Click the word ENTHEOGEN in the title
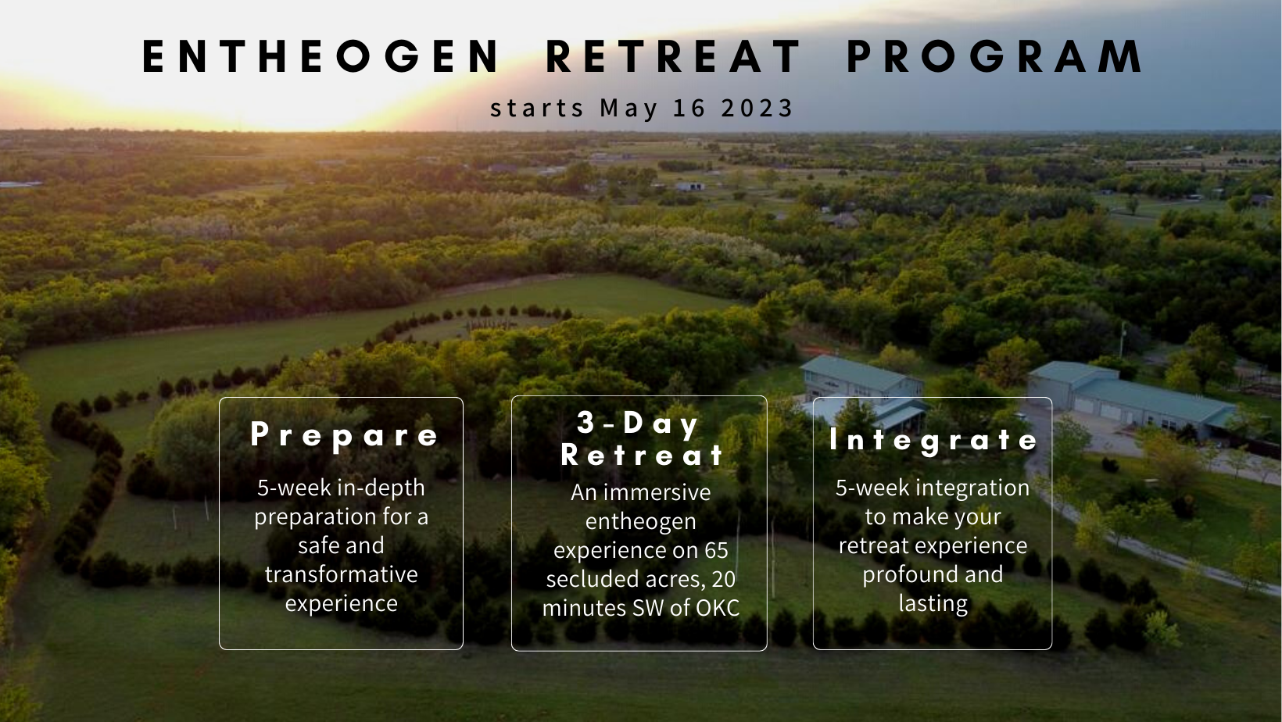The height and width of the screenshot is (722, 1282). pos(321,56)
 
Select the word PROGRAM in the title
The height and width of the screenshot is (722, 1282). pos(994,56)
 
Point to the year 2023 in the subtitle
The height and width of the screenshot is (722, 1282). pos(757,108)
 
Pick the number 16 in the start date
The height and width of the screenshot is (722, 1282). pos(689,108)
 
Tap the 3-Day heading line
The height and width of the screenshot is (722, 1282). pos(638,424)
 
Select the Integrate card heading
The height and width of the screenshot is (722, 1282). pos(933,441)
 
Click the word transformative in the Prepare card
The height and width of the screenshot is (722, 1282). pos(341,574)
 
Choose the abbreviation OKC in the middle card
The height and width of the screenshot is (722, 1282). pos(718,608)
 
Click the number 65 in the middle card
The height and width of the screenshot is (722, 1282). pos(716,550)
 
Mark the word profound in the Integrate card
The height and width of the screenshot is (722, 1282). pos(904,574)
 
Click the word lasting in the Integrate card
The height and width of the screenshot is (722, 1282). pos(933,603)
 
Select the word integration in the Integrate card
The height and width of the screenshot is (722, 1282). pos(973,488)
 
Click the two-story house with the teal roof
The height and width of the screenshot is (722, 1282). pos(862,393)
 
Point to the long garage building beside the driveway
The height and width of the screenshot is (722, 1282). pos(1131,398)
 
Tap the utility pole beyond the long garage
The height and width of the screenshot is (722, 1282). pos(1123,340)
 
